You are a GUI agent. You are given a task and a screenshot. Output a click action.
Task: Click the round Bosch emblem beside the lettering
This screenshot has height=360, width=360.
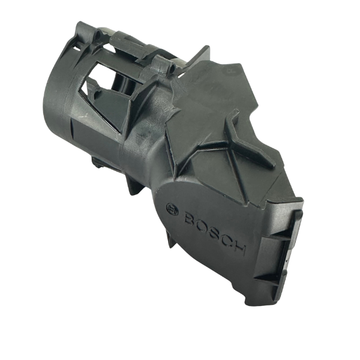pos(172,209)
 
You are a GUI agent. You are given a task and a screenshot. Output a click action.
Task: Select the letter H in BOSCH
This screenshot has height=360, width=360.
pos(239,250)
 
